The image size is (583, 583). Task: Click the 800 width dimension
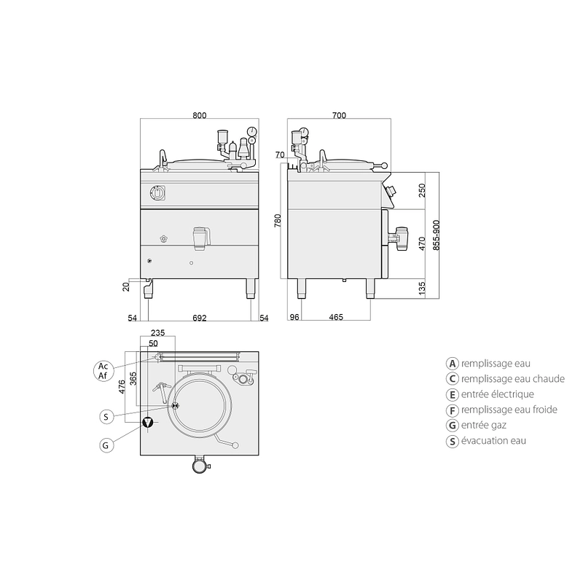point(199,115)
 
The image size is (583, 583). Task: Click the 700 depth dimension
point(339,115)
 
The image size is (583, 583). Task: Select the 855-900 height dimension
point(436,235)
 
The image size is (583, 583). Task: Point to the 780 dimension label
point(278,221)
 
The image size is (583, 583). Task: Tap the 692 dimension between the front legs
point(199,318)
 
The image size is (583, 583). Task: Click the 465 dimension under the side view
point(336,317)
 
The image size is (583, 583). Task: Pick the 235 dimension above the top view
point(157,333)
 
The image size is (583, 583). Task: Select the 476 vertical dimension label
point(122,386)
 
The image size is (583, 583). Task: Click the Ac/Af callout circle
point(103,371)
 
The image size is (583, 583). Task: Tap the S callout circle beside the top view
point(106,416)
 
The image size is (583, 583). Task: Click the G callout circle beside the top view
point(106,445)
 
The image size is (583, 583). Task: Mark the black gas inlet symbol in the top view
point(148,423)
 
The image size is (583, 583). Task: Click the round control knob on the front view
point(157,192)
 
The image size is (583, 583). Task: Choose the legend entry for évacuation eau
point(486,441)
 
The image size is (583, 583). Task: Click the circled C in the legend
point(452,379)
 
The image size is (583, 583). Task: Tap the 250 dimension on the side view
point(422,190)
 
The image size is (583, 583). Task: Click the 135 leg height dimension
point(422,289)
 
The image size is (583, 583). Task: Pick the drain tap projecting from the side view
point(398,239)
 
